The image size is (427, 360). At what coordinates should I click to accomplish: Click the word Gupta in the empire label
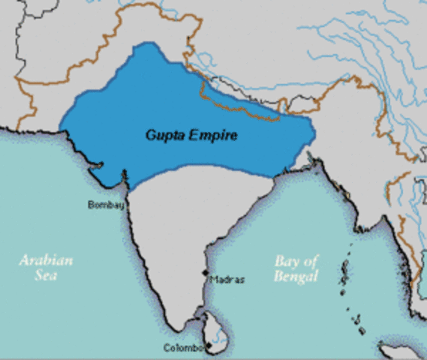pyautogui.click(x=162, y=136)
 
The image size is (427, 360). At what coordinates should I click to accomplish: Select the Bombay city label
pyautogui.click(x=106, y=204)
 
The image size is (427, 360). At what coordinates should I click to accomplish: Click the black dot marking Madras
pyautogui.click(x=206, y=273)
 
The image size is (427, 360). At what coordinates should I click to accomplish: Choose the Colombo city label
pyautogui.click(x=183, y=347)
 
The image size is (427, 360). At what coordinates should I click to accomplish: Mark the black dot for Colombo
pyautogui.click(x=206, y=346)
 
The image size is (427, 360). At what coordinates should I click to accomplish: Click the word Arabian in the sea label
pyautogui.click(x=47, y=261)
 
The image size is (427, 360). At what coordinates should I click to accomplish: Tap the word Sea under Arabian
pyautogui.click(x=47, y=275)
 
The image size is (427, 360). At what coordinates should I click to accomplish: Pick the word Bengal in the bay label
pyautogui.click(x=296, y=276)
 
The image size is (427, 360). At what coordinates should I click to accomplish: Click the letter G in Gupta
pyautogui.click(x=149, y=136)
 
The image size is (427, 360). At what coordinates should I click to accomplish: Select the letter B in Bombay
pyautogui.click(x=92, y=204)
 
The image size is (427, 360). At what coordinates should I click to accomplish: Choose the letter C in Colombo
pyautogui.click(x=167, y=347)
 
